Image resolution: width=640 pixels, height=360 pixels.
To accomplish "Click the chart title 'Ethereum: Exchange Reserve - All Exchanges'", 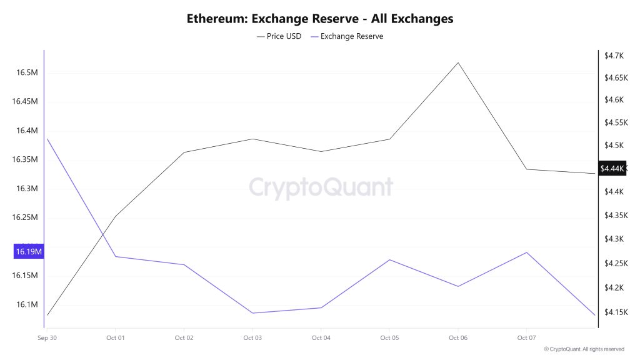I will tap(320, 19).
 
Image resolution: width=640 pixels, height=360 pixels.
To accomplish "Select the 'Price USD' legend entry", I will tap(279, 36).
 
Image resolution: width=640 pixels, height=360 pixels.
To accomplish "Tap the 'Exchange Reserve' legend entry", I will tap(347, 36).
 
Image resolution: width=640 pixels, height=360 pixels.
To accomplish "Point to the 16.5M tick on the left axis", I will tap(27, 72).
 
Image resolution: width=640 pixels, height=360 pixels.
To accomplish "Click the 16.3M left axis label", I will tap(27, 189).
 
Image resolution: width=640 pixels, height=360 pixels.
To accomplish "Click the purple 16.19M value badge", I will tap(29, 252).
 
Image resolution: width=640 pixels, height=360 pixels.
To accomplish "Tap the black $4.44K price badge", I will tap(612, 169).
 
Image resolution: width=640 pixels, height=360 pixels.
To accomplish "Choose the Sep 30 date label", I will tap(47, 337).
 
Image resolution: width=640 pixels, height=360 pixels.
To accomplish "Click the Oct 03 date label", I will tap(252, 337).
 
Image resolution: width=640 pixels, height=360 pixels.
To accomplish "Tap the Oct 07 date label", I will tap(527, 337).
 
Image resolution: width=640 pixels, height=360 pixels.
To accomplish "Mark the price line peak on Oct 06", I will tap(458, 62).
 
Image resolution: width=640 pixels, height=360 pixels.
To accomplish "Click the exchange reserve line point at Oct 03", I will tap(252, 313).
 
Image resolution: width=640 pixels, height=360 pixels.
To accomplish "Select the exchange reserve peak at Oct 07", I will tap(527, 252).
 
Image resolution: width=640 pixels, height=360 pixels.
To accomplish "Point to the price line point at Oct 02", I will tap(184, 152).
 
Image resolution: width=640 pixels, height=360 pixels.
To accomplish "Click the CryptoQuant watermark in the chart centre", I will tap(321, 187).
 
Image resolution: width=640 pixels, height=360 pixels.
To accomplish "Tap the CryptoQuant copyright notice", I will tap(584, 349).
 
